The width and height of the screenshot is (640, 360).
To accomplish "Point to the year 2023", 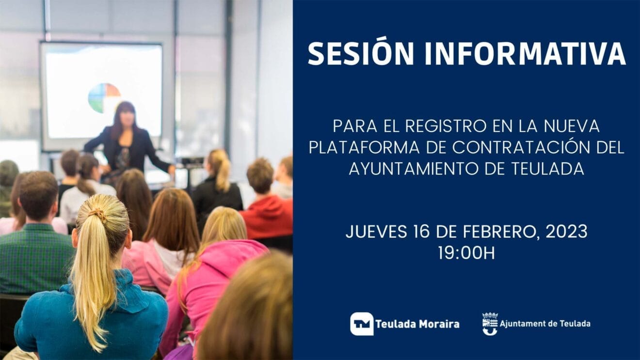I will click(566, 232).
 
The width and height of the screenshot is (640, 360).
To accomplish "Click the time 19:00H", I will click(466, 253).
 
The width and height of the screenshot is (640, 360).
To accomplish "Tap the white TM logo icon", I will click(362, 324).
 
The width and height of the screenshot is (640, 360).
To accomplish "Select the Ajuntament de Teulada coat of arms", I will click(490, 324).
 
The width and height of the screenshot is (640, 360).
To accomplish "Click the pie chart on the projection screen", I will click(104, 97).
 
